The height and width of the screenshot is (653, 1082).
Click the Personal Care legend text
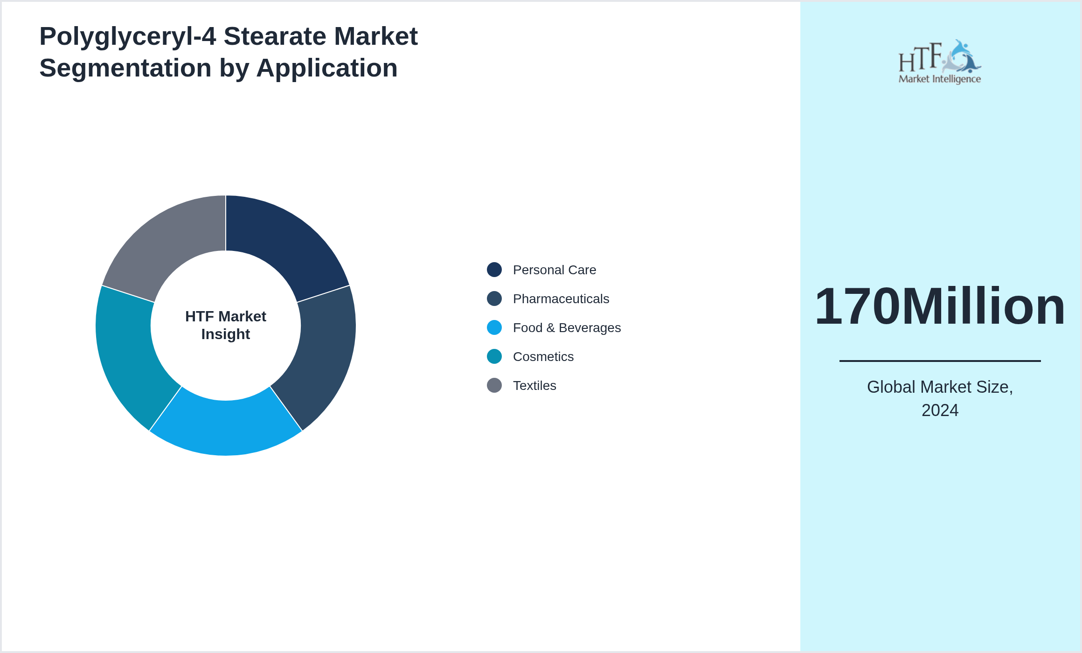pyautogui.click(x=554, y=270)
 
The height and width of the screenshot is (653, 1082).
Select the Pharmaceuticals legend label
pyautogui.click(x=561, y=299)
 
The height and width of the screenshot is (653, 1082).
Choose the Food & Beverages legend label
pyautogui.click(x=567, y=328)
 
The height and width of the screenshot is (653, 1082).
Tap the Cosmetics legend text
pyautogui.click(x=543, y=357)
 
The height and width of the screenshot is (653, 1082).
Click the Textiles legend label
pyautogui.click(x=534, y=386)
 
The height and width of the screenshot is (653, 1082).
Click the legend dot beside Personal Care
pyautogui.click(x=494, y=270)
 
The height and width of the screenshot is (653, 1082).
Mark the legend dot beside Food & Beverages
pyautogui.click(x=494, y=327)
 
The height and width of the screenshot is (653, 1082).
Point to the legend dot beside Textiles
pyautogui.click(x=494, y=385)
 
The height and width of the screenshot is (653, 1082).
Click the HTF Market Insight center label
pyautogui.click(x=226, y=325)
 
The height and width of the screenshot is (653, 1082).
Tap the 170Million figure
pyautogui.click(x=940, y=306)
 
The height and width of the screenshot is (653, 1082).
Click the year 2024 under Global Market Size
pyautogui.click(x=940, y=410)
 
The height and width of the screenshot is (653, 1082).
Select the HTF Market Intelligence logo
pyautogui.click(x=940, y=62)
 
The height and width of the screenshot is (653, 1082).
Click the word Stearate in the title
pyautogui.click(x=275, y=36)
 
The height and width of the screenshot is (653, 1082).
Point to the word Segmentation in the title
pyautogui.click(x=125, y=68)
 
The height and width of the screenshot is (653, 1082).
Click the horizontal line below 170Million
pyautogui.click(x=940, y=361)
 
